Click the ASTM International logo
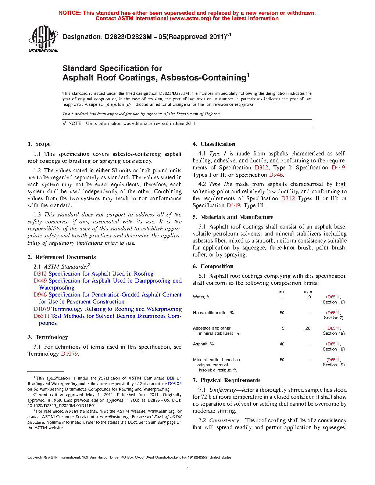tap(43, 39)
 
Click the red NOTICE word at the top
tap(69, 13)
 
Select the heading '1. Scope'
tap(39, 144)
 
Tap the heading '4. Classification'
tap(214, 144)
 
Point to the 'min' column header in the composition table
tap(282, 292)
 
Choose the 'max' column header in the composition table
tap(308, 292)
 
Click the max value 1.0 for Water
tap(308, 297)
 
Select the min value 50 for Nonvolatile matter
tap(282, 313)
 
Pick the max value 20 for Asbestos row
tap(308, 328)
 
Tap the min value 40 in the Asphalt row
tap(282, 344)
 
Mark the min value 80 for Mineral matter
tap(282, 360)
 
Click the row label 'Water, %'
tap(201, 297)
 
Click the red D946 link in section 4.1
tap(276, 175)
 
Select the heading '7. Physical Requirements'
tap(226, 380)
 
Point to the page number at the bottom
tap(187, 466)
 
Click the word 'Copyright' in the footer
tap(35, 457)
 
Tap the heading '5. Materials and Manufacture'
tap(233, 217)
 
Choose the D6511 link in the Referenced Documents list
tap(42, 316)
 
